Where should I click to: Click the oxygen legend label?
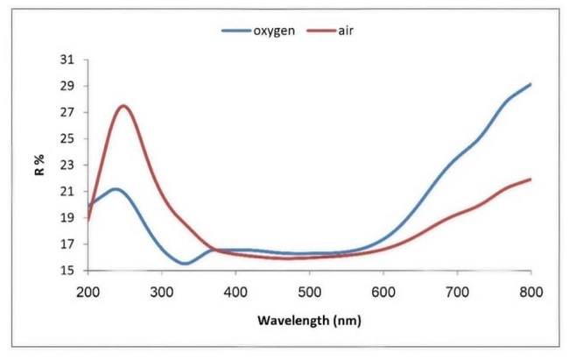(x=274, y=31)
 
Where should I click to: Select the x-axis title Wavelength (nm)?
(x=309, y=320)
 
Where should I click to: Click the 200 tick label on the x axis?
(x=88, y=289)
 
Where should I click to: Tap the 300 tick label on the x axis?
(x=162, y=289)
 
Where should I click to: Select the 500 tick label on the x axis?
(x=310, y=289)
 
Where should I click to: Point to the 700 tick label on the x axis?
(x=457, y=289)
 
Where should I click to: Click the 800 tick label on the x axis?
(x=530, y=289)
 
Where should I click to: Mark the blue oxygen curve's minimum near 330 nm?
(x=185, y=264)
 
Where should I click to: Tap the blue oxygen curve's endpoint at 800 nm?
(x=530, y=84)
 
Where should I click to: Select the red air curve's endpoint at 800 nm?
(x=530, y=180)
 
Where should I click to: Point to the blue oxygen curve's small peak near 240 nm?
(x=116, y=189)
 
